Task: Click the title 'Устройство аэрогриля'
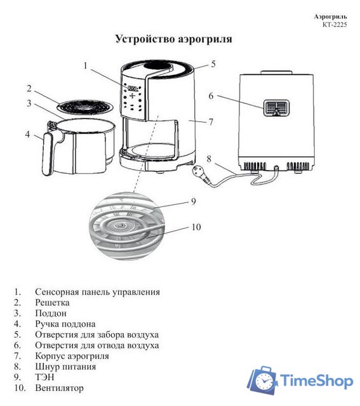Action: click(x=173, y=39)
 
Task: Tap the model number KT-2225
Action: click(x=334, y=24)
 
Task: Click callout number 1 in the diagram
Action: click(x=85, y=65)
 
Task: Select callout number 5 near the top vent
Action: click(x=213, y=63)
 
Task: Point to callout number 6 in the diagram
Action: click(x=211, y=96)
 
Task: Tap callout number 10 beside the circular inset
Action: click(x=196, y=226)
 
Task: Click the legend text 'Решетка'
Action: click(x=53, y=303)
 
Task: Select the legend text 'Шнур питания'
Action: click(x=65, y=367)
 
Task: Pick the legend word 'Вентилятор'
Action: click(x=59, y=388)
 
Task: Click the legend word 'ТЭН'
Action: click(x=45, y=377)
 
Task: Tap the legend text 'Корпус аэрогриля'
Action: click(x=72, y=356)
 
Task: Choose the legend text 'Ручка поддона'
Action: click(x=65, y=324)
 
